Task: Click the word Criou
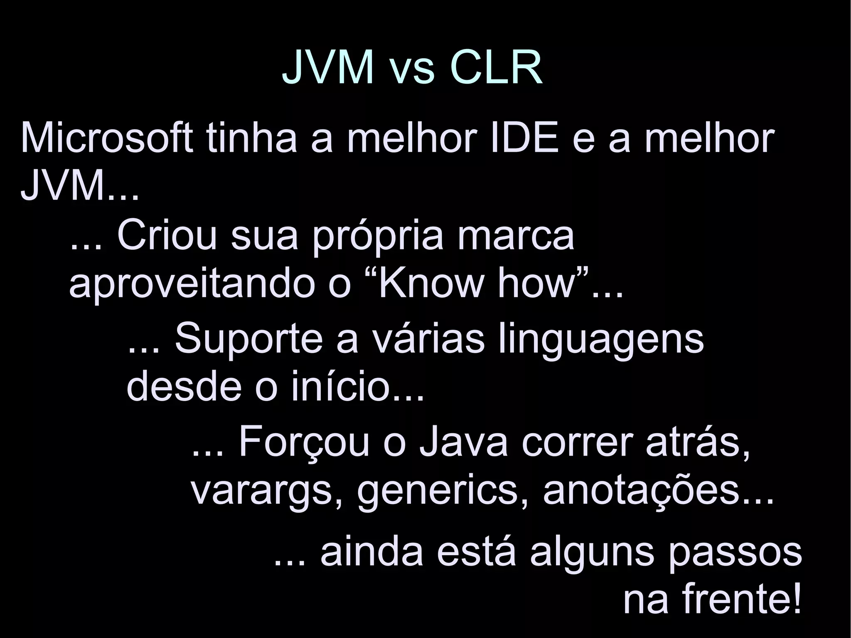[x=167, y=236]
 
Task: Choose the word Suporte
[x=248, y=339]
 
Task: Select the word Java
[x=463, y=443]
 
